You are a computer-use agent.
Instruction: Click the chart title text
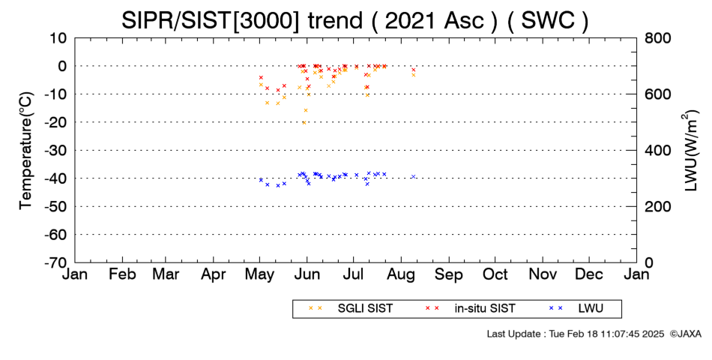pos(355,20)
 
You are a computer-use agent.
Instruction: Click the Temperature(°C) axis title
pos(26,151)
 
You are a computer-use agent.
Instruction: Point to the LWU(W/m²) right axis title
pos(690,151)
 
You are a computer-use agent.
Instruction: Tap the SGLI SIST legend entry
pos(351,308)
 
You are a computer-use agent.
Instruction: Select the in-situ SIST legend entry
pos(471,308)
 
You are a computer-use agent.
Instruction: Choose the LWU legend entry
pos(576,308)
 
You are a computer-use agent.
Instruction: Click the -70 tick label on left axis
pos(56,262)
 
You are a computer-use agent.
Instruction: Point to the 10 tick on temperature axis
pos(58,37)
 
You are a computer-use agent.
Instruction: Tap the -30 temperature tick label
pos(56,150)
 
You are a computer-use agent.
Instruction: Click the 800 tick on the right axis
pos(657,37)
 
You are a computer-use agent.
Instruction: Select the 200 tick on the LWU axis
pos(657,206)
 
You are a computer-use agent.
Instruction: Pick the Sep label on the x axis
pos(449,274)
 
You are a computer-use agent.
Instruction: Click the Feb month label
pos(123,274)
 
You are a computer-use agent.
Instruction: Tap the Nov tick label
pos(543,274)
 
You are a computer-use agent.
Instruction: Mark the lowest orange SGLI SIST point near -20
pos(304,123)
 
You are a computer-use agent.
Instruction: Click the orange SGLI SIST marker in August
pos(414,75)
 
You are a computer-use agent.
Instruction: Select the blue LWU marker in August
pos(413,176)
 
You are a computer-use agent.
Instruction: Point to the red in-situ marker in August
pos(414,70)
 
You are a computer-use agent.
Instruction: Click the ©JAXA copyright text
pos(685,334)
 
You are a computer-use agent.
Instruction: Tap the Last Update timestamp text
pos(576,334)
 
